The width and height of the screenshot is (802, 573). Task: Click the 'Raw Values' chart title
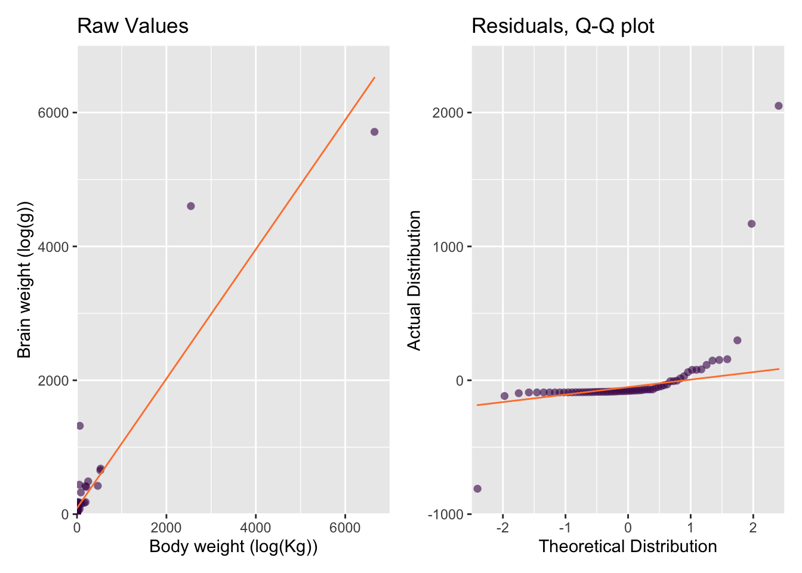(x=132, y=26)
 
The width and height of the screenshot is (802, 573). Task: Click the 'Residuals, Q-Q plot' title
(x=563, y=26)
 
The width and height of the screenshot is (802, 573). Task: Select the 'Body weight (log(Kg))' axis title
(x=233, y=547)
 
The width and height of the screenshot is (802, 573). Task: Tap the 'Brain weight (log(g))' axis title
(x=24, y=279)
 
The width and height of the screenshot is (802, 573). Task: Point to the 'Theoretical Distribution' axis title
(x=628, y=547)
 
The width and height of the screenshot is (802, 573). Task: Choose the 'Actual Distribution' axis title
(x=414, y=280)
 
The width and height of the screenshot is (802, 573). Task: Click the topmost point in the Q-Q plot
(x=779, y=106)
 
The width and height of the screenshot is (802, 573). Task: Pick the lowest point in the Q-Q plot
(x=477, y=489)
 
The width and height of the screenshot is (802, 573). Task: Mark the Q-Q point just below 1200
(x=751, y=224)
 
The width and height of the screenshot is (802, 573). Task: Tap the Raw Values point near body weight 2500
(x=191, y=206)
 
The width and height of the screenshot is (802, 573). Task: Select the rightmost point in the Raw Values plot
(x=374, y=132)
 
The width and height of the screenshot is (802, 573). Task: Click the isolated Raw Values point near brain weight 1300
(x=79, y=426)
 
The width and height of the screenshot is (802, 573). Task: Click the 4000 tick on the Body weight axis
(x=255, y=528)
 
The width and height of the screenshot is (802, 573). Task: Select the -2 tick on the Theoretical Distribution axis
(x=502, y=528)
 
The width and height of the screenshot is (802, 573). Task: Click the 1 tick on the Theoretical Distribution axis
(x=690, y=528)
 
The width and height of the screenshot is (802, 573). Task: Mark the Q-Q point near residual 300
(x=737, y=340)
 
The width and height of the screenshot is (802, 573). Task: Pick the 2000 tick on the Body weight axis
(x=166, y=528)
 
